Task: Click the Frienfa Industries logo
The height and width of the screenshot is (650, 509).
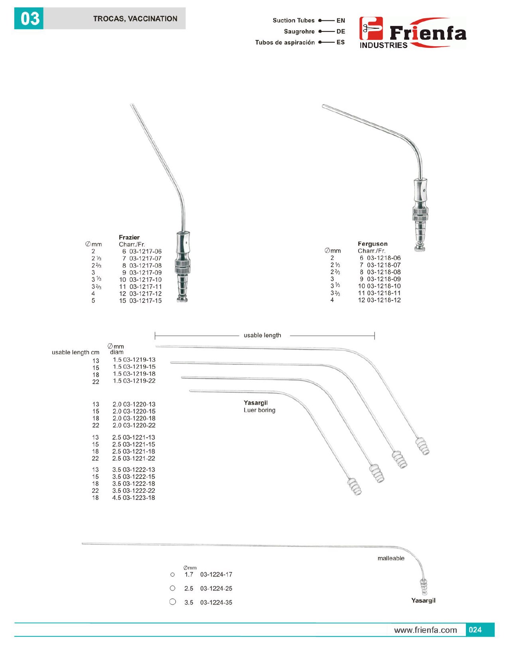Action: [x=412, y=33]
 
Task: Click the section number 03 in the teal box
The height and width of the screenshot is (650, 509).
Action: [x=30, y=19]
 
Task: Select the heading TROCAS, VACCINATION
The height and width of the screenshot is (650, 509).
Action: [x=135, y=19]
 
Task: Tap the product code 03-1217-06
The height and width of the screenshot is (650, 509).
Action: [x=145, y=251]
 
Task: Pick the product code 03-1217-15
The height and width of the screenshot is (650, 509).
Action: [x=145, y=301]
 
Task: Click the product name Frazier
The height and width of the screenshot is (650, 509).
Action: [x=129, y=237]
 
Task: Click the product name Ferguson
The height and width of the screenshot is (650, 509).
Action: [x=373, y=244]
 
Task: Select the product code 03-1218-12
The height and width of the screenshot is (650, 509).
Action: [x=384, y=300]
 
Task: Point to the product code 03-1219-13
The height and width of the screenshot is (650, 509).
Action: [x=139, y=360]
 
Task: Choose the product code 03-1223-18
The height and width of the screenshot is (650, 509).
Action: [x=139, y=498]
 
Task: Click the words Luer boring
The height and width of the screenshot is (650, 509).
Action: [x=259, y=410]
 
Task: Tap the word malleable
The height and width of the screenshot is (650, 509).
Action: [x=391, y=559]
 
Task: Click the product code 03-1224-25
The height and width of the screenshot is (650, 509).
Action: [x=216, y=589]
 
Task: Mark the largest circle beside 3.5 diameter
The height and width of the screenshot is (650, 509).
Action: [x=173, y=602]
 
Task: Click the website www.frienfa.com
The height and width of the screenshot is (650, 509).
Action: [x=425, y=630]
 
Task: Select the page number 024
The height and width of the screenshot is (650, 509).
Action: [x=475, y=630]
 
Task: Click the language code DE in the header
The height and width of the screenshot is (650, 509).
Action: [x=341, y=32]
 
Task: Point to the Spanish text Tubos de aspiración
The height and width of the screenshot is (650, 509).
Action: [x=285, y=42]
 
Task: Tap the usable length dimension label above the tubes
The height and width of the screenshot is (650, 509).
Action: [x=262, y=336]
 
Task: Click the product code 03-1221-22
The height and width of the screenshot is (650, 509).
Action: [x=139, y=459]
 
